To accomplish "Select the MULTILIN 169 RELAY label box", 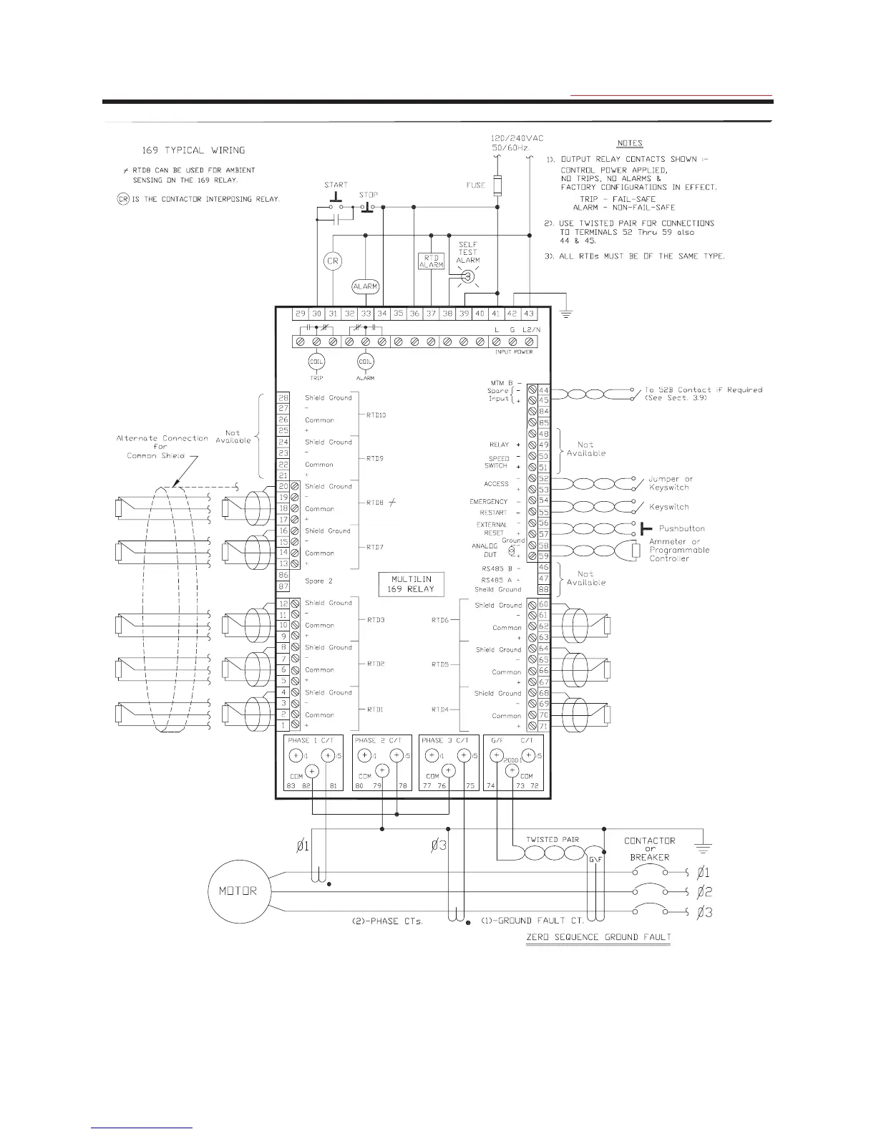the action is (x=411, y=583).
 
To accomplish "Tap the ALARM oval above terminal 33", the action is (x=365, y=286).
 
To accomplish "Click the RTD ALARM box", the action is (x=432, y=261).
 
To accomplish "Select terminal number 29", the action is (x=301, y=314).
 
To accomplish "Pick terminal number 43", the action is (x=528, y=314).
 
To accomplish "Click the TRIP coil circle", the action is (x=316, y=362).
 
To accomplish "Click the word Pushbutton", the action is (x=681, y=528).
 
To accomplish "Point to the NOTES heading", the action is (x=630, y=143).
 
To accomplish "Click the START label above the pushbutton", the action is (x=336, y=185).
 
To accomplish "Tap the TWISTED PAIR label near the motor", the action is (x=552, y=840).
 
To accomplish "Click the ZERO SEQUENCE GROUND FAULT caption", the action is (x=598, y=937).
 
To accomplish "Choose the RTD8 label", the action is (x=375, y=503).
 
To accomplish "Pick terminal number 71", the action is (x=543, y=726).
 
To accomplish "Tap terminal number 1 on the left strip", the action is (x=283, y=725).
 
